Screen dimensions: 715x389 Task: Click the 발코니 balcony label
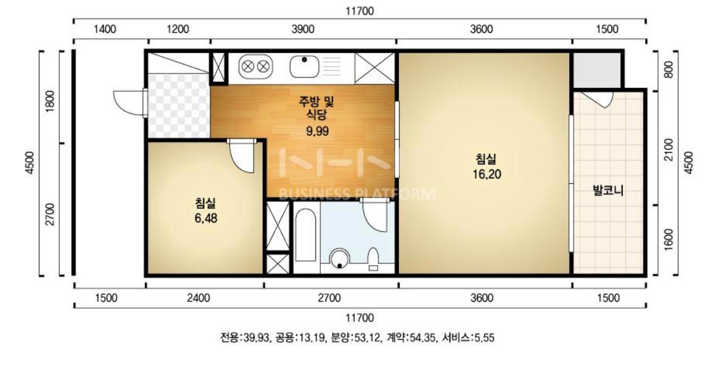608,190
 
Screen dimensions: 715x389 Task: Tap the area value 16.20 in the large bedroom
486,174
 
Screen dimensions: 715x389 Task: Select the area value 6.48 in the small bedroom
206,218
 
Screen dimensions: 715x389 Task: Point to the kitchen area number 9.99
317,132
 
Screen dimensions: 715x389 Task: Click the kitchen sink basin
304,67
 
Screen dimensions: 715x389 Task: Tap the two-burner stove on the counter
255,67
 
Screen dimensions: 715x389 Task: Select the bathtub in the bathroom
306,236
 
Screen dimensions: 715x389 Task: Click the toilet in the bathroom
374,259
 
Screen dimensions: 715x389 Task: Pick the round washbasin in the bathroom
339,259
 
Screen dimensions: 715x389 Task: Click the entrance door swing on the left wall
129,103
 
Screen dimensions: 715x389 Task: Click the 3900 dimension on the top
303,29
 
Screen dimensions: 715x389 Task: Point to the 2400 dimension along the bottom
199,298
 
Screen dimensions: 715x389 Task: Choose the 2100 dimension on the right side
668,149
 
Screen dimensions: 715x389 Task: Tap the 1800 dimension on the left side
50,100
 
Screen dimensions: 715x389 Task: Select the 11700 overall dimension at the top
360,11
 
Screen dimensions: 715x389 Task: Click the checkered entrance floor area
178,106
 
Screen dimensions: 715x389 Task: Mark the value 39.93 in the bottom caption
257,338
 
